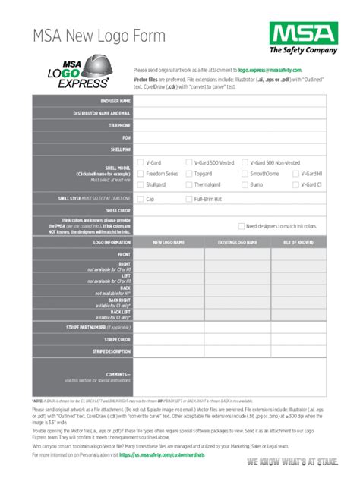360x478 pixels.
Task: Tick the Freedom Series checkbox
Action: click(x=141, y=173)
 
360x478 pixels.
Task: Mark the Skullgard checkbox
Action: click(x=141, y=184)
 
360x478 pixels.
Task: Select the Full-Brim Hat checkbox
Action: click(x=189, y=199)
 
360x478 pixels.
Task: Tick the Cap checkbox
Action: click(x=141, y=199)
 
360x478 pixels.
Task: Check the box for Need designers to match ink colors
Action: click(x=241, y=226)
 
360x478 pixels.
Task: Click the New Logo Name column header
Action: click(x=169, y=242)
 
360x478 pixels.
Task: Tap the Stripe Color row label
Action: click(x=117, y=339)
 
